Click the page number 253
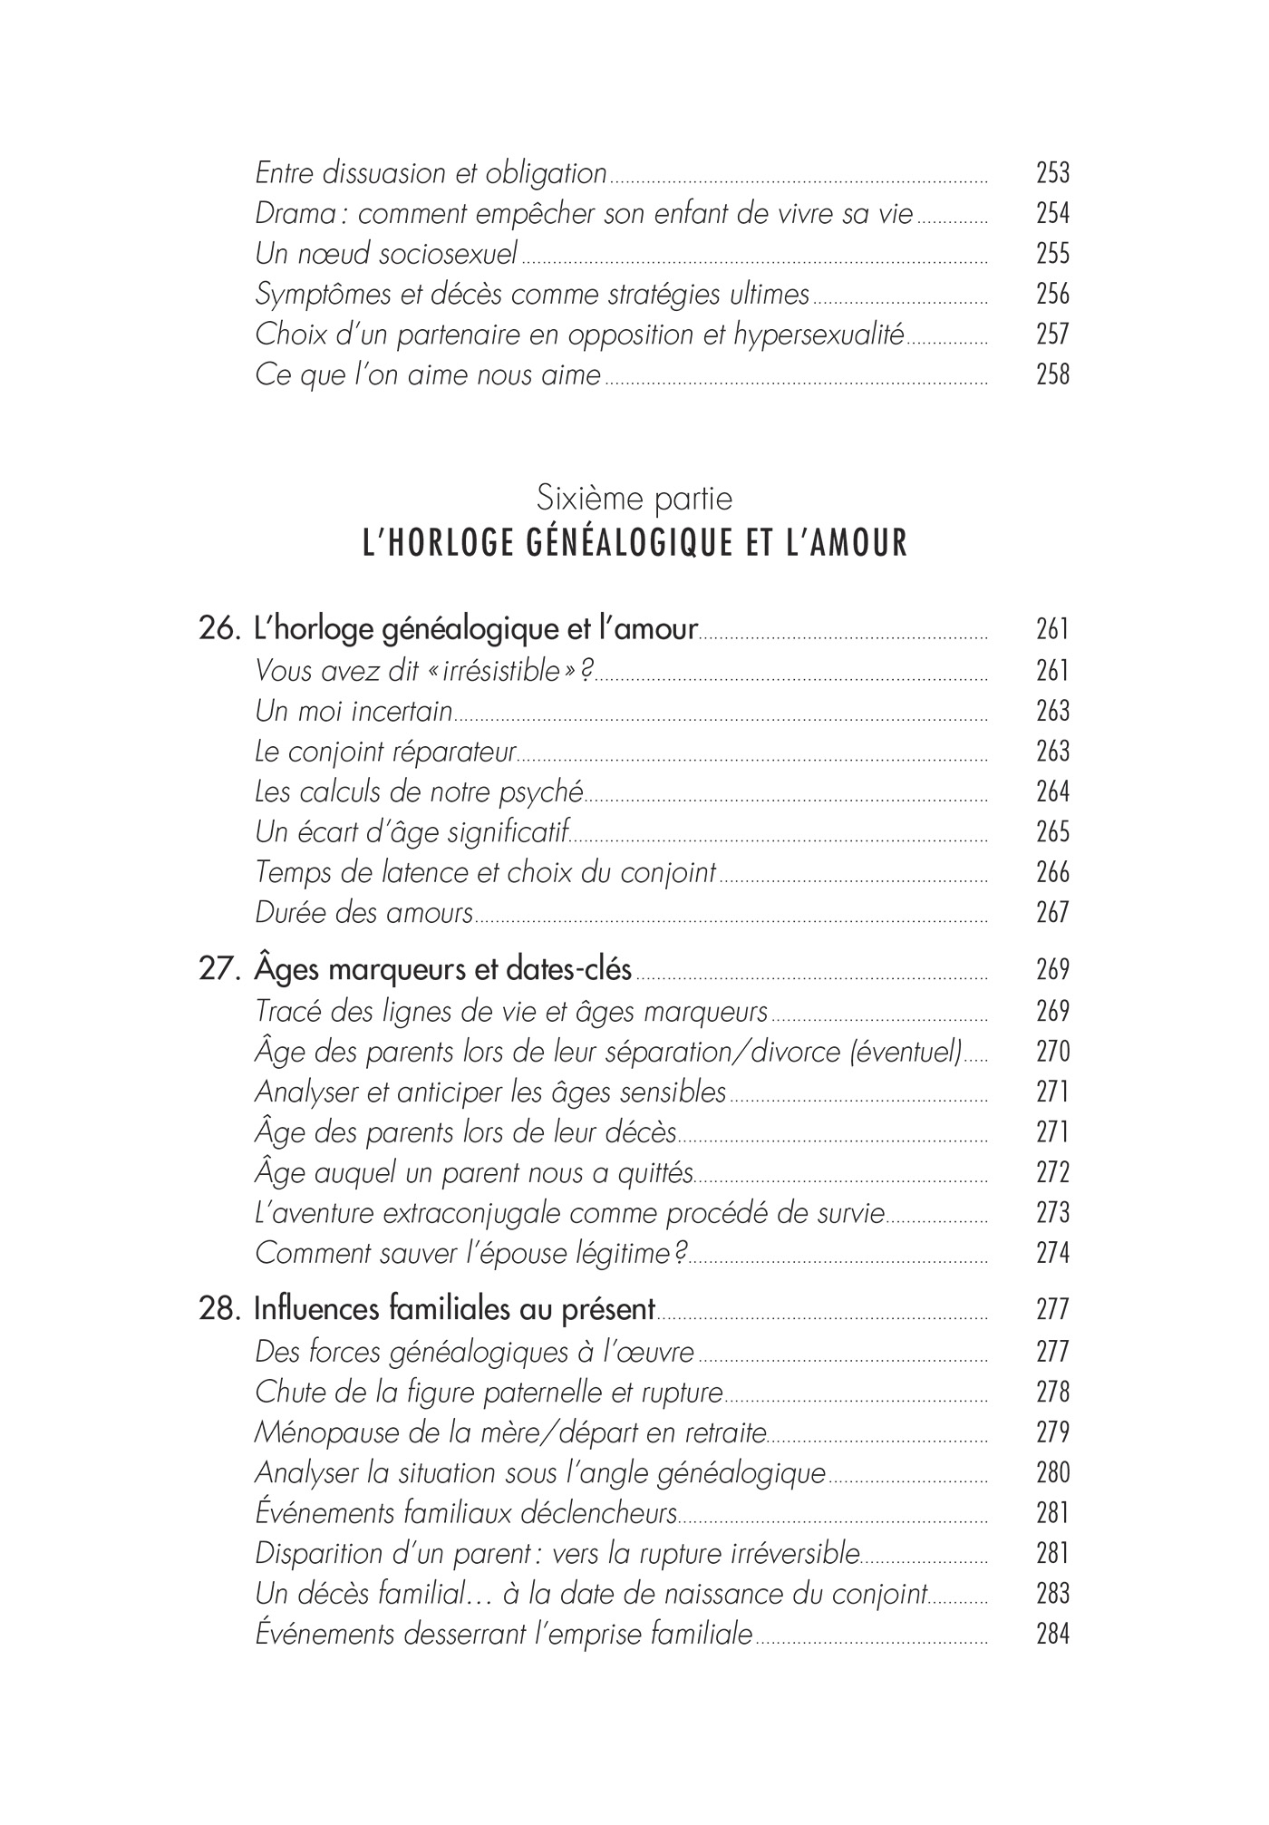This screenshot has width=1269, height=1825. (x=1052, y=172)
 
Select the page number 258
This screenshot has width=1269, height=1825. (x=1052, y=374)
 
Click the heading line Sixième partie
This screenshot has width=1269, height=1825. (x=634, y=499)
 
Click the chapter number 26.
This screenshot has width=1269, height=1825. (x=218, y=629)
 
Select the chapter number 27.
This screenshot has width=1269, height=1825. (x=218, y=970)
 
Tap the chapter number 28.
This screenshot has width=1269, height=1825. (x=218, y=1309)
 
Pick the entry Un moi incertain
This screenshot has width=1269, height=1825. (x=354, y=712)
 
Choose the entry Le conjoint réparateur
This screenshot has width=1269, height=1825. (x=385, y=752)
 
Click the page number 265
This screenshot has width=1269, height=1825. (x=1052, y=832)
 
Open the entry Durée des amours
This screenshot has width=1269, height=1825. (x=363, y=913)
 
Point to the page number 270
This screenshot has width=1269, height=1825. (x=1052, y=1052)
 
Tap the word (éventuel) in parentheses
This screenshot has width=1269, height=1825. (x=905, y=1052)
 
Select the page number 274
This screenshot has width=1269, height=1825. (x=1052, y=1254)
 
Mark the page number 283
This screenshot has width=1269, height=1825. (x=1052, y=1594)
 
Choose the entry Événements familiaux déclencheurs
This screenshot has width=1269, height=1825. (x=466, y=1513)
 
